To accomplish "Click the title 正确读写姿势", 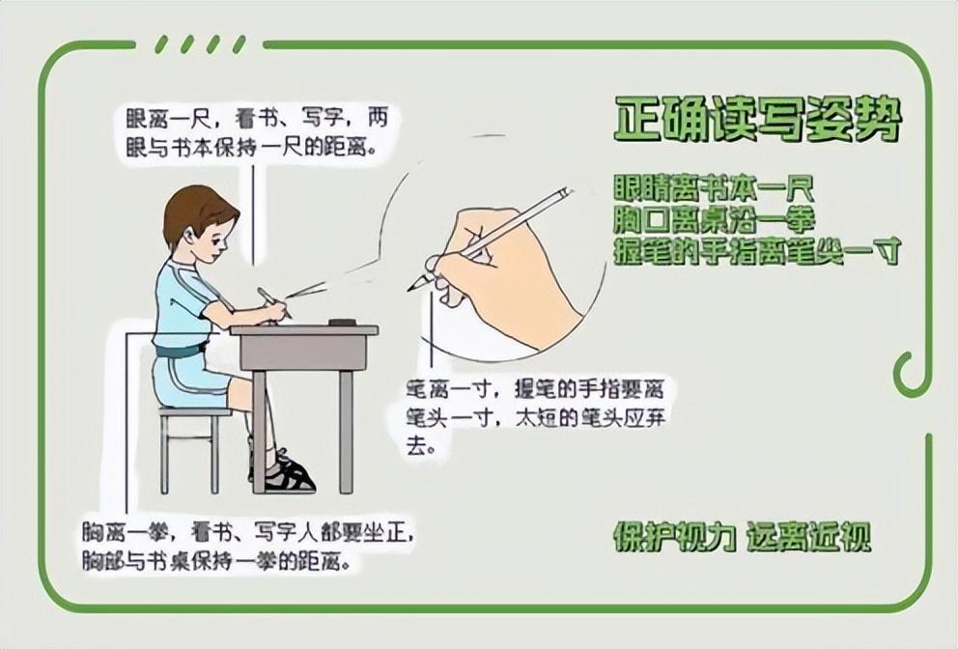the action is tap(758, 119).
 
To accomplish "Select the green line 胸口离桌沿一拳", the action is tap(714, 220).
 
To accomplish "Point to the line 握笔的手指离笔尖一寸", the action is tap(757, 251).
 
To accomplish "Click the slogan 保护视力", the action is tap(674, 537).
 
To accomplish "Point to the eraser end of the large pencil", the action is tap(565, 193).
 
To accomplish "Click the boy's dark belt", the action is tap(181, 351).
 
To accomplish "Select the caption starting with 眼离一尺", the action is tap(257, 132).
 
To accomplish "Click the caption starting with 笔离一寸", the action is tap(536, 418).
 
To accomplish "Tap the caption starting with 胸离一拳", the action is tap(248, 547).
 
